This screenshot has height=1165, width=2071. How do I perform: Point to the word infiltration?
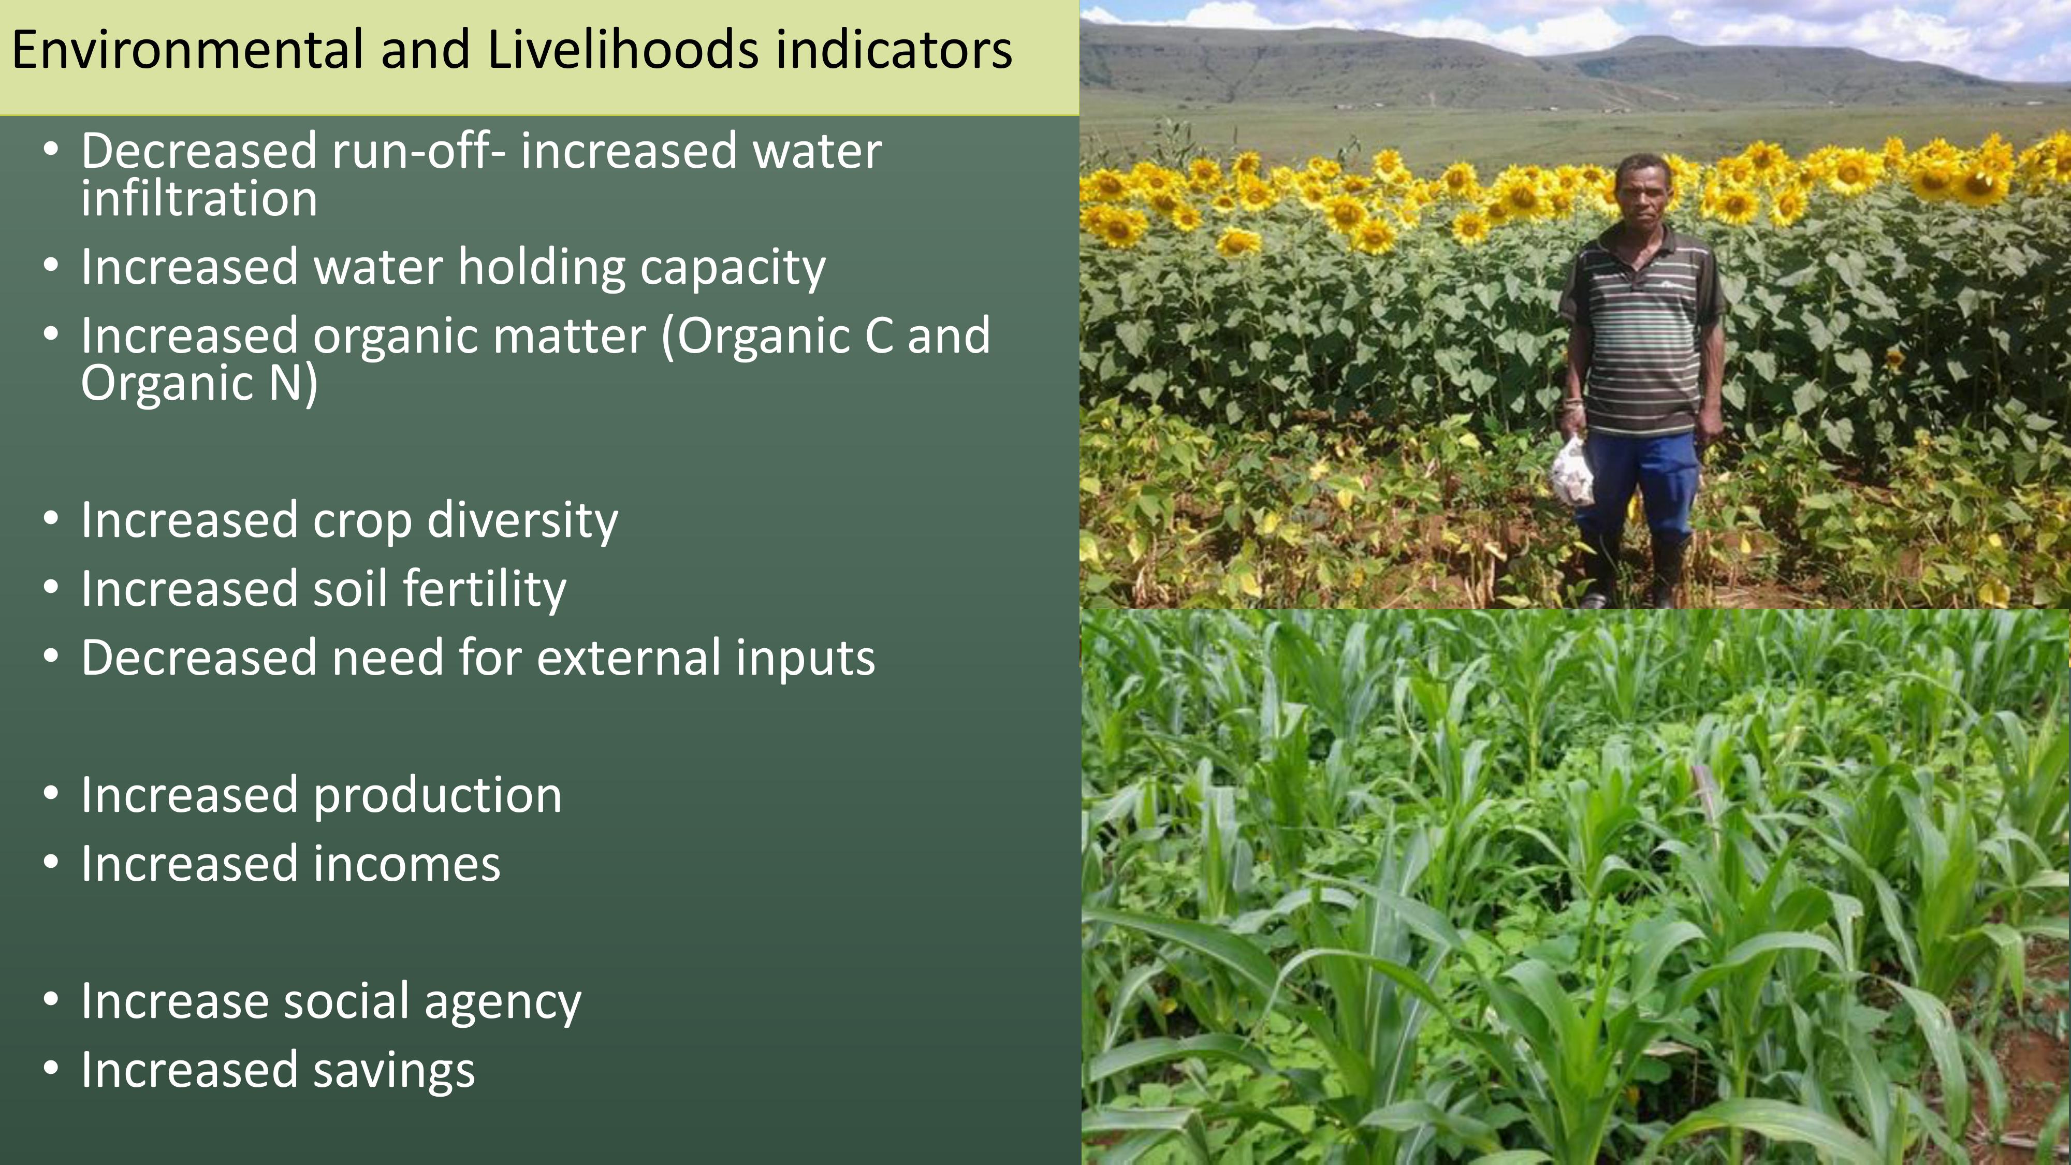pyautogui.click(x=199, y=199)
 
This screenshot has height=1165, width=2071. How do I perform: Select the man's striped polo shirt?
pyautogui.click(x=1640, y=330)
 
